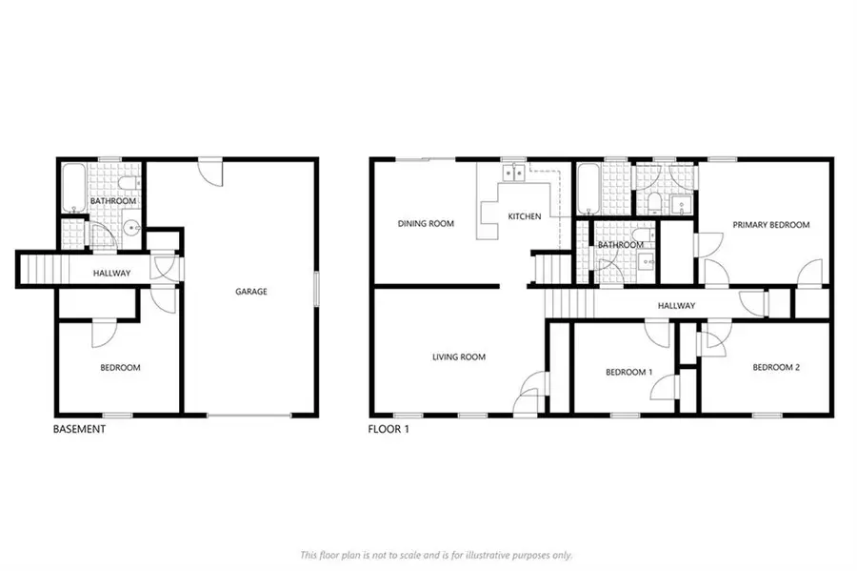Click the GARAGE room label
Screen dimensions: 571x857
[x=251, y=292]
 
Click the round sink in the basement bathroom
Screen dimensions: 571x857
[x=130, y=229]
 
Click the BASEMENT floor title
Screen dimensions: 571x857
[x=79, y=430]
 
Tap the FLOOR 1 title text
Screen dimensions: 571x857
[x=389, y=430]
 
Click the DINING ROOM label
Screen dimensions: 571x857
[x=426, y=224]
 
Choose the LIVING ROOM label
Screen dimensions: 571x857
[x=459, y=357]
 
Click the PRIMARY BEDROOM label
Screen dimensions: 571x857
[x=770, y=225]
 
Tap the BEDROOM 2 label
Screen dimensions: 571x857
[x=777, y=367]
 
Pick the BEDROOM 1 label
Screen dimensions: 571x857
[x=629, y=372]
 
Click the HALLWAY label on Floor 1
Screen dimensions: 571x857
[x=676, y=306]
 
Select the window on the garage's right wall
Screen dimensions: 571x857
[x=317, y=288]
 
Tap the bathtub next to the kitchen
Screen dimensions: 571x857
[x=588, y=188]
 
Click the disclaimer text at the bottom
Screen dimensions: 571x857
[x=435, y=555]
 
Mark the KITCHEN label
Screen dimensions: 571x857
[x=524, y=216]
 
